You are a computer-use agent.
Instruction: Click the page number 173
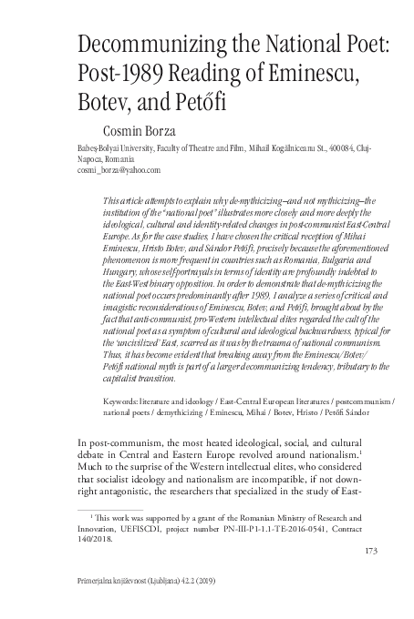(371, 552)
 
